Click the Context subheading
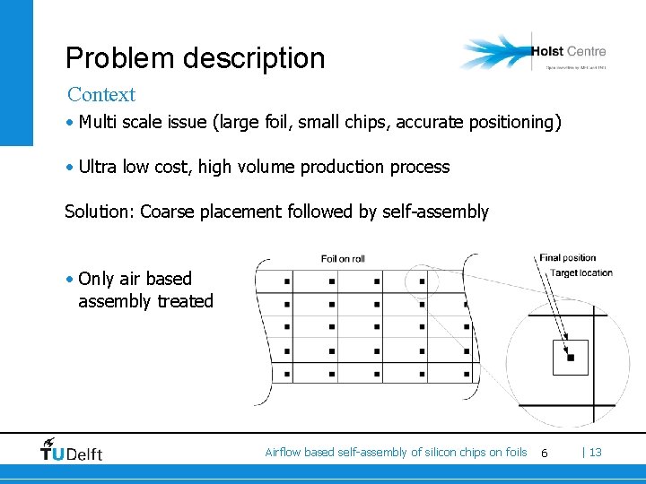pos(101,94)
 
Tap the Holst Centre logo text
pos(568,51)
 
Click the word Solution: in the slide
pos(100,212)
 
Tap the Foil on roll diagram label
pos(343,259)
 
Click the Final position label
pos(567,258)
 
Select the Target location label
pos(581,272)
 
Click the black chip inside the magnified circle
pos(570,358)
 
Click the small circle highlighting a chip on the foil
pos(420,281)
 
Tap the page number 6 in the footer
pos(544,454)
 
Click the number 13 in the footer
pos(595,453)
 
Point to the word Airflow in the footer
pos(283,453)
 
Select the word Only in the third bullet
pos(97,279)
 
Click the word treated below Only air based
pos(185,301)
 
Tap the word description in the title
pos(247,58)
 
